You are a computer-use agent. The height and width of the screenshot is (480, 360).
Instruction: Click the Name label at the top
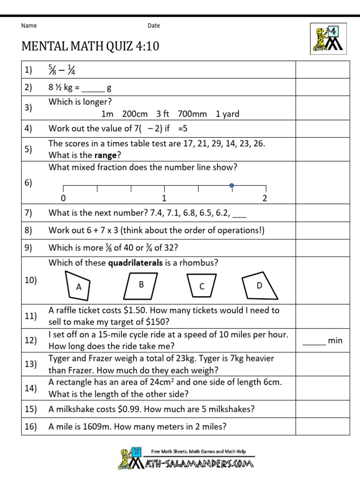click(x=29, y=26)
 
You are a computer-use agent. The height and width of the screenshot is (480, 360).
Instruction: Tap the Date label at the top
click(x=154, y=26)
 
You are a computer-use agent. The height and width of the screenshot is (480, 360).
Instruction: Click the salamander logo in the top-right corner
click(x=328, y=38)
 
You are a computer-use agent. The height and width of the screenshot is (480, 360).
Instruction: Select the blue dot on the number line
click(x=232, y=186)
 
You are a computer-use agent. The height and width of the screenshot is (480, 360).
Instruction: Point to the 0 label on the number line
click(x=63, y=198)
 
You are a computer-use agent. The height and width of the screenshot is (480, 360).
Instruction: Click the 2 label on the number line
click(x=265, y=198)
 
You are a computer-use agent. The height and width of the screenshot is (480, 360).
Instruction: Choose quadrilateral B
click(x=141, y=285)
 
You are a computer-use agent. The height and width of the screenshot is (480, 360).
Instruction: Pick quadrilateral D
click(x=259, y=286)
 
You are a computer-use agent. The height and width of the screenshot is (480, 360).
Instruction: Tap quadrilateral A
click(x=78, y=286)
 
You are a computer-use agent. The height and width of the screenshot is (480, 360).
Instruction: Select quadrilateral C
click(x=202, y=286)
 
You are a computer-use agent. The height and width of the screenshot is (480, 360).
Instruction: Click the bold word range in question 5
click(x=105, y=155)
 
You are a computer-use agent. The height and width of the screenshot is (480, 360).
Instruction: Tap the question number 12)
click(x=31, y=340)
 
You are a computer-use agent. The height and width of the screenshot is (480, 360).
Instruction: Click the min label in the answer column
click(x=335, y=341)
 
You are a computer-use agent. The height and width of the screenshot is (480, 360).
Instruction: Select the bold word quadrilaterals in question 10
click(x=135, y=263)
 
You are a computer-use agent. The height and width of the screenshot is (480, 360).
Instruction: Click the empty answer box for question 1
click(x=322, y=70)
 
